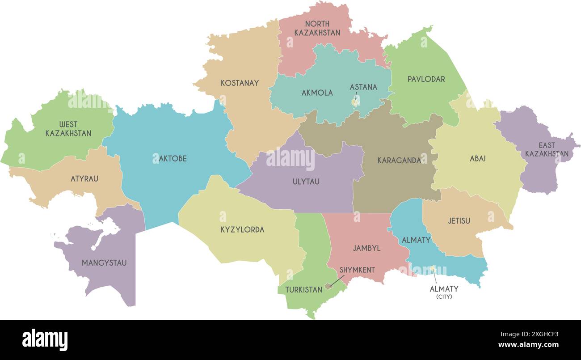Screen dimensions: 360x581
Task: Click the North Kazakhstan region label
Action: (x=317, y=28)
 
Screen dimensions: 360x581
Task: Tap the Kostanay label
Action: (x=240, y=83)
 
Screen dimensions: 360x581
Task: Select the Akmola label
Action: (x=317, y=93)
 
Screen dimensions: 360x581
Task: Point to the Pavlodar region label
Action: (x=426, y=79)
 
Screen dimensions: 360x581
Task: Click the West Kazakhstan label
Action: (x=68, y=129)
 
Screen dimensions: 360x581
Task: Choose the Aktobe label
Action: (x=173, y=159)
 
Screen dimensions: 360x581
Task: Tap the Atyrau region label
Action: (x=84, y=179)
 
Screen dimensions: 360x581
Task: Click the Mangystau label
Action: (x=104, y=263)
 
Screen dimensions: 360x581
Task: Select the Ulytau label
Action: (x=306, y=182)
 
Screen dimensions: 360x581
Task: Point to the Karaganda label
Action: (x=399, y=160)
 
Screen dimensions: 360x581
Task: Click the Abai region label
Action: (x=477, y=159)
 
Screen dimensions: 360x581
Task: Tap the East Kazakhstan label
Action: (x=547, y=149)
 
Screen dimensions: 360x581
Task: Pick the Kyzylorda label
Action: (x=242, y=230)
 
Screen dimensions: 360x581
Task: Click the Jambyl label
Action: (x=366, y=248)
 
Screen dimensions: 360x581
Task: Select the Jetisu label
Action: (x=459, y=221)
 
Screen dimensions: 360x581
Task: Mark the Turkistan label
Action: (x=303, y=290)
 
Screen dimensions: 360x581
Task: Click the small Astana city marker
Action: (x=354, y=102)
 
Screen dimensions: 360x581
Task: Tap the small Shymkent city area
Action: (x=328, y=286)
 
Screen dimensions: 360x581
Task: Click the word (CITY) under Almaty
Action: (x=444, y=297)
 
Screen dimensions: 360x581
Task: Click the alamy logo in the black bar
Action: (x=45, y=339)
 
